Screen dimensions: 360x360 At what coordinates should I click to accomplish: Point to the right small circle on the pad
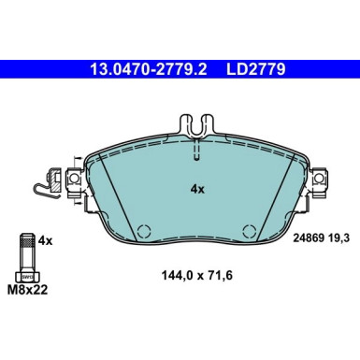click(x=250, y=232)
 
